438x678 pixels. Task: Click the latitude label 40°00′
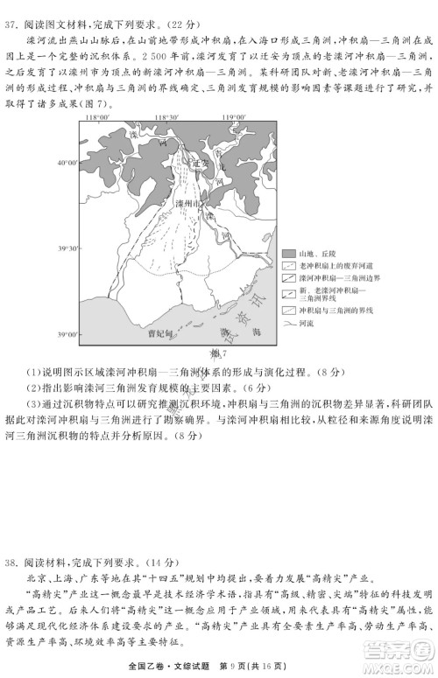[68, 163]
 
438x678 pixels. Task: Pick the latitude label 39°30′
[68, 249]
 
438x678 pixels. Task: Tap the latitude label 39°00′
[68, 334]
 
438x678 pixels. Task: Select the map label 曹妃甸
[161, 333]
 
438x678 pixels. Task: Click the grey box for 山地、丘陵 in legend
[288, 253]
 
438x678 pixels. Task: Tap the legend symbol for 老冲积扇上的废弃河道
[288, 264]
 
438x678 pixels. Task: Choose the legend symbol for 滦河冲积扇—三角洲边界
[288, 276]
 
